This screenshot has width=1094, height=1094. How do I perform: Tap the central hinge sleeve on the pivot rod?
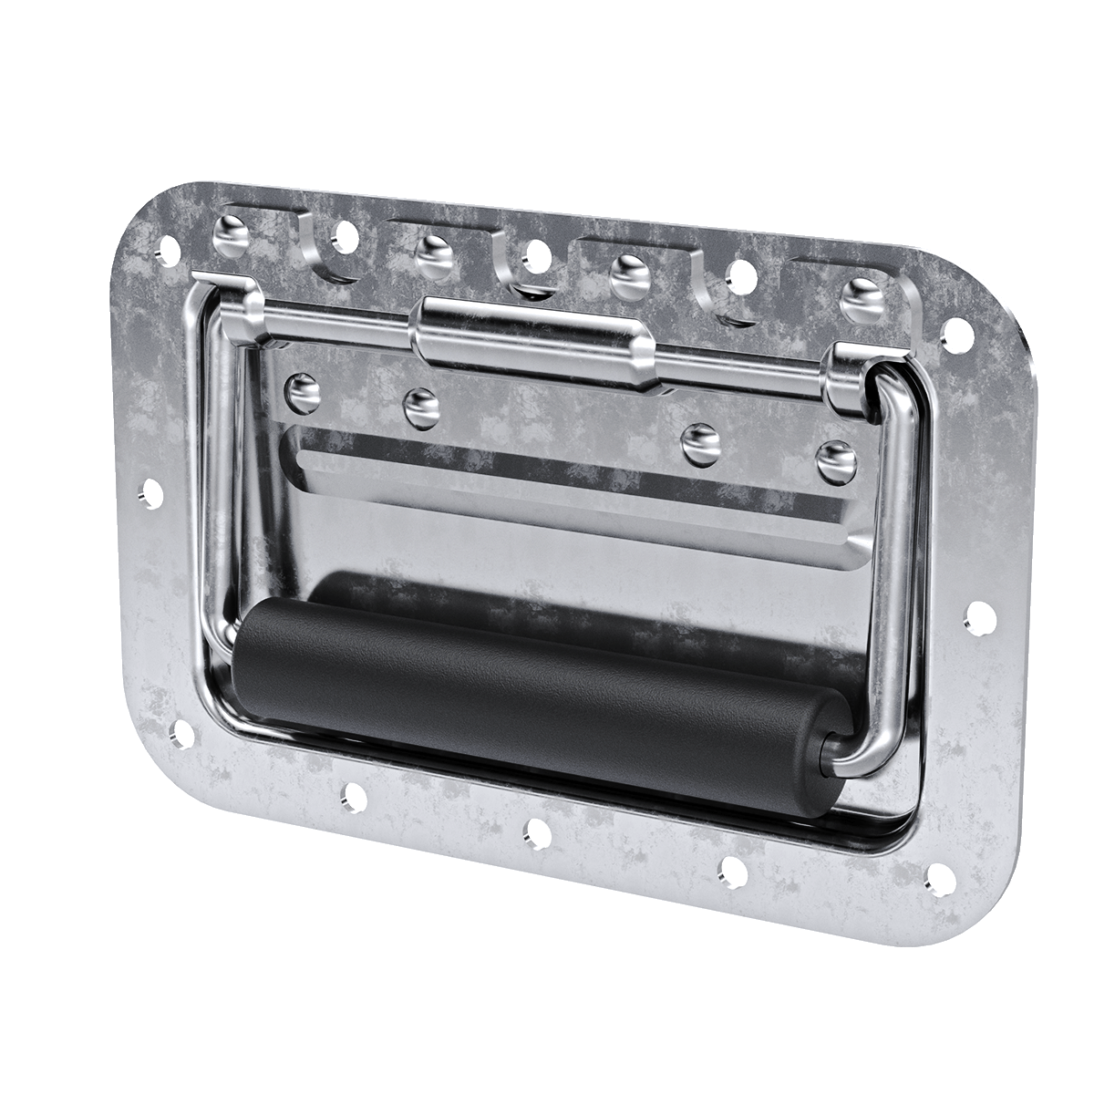[533, 342]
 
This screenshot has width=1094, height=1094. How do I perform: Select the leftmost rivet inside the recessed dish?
[304, 391]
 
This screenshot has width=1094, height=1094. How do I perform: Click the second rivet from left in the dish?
[421, 408]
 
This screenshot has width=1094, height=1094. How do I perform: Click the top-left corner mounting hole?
[167, 247]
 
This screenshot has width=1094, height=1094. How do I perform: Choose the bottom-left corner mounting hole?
[181, 732]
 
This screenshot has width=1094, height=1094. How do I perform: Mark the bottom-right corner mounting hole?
[939, 878]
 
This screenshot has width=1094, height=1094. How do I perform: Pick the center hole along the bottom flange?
[538, 831]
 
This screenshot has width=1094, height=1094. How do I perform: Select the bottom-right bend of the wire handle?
[866, 757]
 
